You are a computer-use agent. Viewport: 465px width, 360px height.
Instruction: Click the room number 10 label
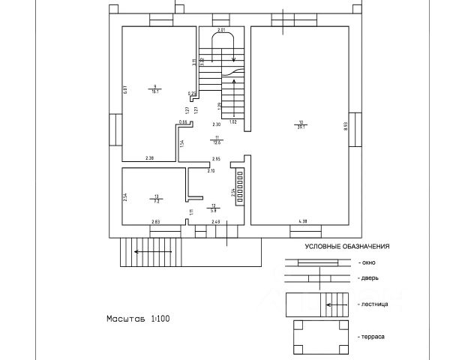click(x=301, y=121)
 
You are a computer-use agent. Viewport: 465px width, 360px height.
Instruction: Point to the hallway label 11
click(x=216, y=136)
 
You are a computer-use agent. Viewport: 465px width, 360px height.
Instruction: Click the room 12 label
click(x=214, y=205)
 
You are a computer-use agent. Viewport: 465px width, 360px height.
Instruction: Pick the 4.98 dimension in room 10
click(x=303, y=220)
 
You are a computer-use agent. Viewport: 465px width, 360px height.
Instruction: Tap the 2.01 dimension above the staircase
click(x=222, y=29)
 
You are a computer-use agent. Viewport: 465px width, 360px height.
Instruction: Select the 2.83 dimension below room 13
click(x=156, y=221)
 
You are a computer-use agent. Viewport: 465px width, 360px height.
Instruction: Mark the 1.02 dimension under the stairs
click(x=232, y=121)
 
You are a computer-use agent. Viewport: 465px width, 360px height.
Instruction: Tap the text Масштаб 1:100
click(x=138, y=319)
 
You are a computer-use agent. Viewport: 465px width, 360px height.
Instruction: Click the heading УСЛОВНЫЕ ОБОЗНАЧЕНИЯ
click(x=346, y=246)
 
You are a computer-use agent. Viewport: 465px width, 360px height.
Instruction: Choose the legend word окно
click(x=367, y=262)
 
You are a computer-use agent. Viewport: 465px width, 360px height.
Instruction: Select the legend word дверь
click(x=368, y=278)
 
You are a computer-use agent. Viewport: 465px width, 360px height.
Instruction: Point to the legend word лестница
click(x=373, y=305)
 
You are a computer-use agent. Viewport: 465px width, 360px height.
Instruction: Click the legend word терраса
click(x=372, y=337)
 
